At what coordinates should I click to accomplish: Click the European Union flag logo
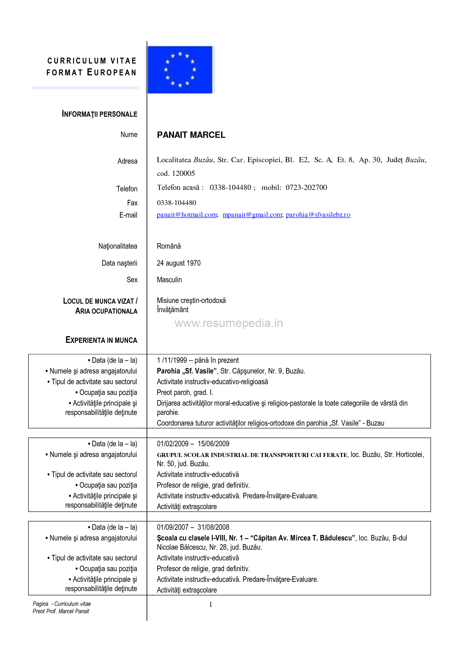coord(180,69)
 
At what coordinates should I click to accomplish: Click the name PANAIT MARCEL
coord(191,135)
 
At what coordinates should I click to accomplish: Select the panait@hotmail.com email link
coord(187,215)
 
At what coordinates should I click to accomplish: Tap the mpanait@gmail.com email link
coord(252,215)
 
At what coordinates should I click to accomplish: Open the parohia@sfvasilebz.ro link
coord(318,215)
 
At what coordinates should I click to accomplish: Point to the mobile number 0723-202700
coord(306,187)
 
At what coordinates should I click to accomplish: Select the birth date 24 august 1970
coord(179,263)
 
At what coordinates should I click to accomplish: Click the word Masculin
coord(169,280)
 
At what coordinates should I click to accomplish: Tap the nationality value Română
coord(169,246)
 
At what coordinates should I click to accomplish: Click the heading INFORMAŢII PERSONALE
coord(99,114)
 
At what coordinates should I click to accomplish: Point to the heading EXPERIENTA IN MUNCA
coord(101,340)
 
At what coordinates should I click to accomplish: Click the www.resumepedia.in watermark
coord(229,323)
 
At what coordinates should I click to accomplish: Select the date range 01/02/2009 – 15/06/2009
coord(193,444)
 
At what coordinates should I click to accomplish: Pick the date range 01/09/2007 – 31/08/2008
coord(193,527)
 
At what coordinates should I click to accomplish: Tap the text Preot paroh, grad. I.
coord(185,392)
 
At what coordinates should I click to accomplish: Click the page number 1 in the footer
coord(211,605)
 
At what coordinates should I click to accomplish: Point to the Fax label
coord(132,203)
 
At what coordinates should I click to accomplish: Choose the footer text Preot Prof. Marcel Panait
coord(61,611)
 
